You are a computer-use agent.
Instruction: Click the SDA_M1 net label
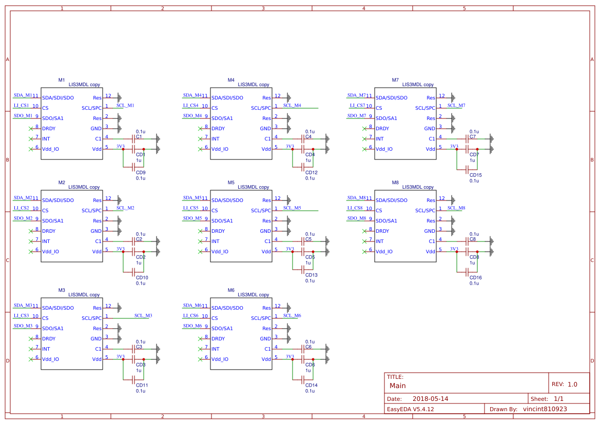click(x=23, y=95)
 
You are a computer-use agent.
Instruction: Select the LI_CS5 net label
click(x=190, y=208)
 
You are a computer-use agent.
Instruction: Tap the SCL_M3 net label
click(x=143, y=315)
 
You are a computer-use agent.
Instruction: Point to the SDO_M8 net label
click(x=356, y=218)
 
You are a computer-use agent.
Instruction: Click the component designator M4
click(x=231, y=80)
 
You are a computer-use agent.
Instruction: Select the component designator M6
click(x=231, y=290)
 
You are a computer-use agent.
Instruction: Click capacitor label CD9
click(x=141, y=173)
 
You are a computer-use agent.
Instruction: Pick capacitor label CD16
click(x=475, y=278)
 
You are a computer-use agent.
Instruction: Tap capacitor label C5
click(x=308, y=239)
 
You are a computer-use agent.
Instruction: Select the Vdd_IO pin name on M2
click(x=50, y=252)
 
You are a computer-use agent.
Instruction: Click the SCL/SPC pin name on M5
click(x=261, y=211)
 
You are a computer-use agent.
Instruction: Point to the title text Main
click(x=397, y=386)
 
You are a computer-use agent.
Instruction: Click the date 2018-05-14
click(x=430, y=399)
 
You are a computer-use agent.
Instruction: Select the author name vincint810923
click(x=545, y=409)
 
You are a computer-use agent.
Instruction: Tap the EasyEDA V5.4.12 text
click(x=410, y=409)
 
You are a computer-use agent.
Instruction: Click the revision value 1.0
click(x=572, y=384)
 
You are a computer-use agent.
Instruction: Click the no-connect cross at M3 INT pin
click(x=31, y=349)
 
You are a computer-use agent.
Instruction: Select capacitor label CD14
click(x=311, y=386)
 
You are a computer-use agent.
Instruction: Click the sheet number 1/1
click(x=558, y=399)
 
